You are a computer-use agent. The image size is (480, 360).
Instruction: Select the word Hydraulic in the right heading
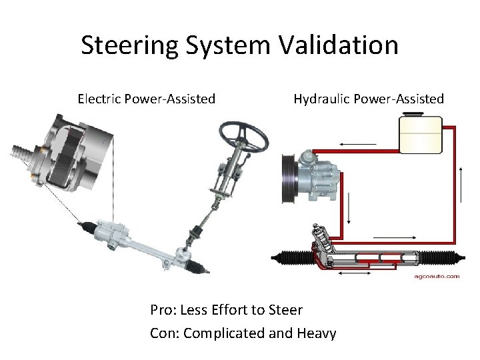click(x=322, y=99)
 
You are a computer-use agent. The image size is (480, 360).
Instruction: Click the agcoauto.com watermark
click(x=437, y=275)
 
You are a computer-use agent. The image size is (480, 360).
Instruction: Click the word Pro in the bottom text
click(x=162, y=310)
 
